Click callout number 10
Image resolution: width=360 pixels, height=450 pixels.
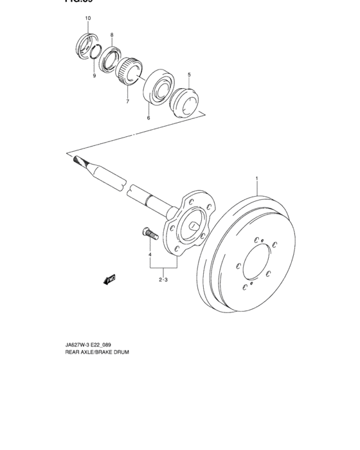(x=88, y=18)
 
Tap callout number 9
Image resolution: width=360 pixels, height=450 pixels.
(x=94, y=76)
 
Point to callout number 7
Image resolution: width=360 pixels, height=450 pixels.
(x=127, y=102)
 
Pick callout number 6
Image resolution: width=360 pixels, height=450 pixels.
(x=148, y=118)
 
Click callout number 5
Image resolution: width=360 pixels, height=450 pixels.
(x=189, y=75)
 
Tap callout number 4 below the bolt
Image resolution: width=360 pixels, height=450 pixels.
(x=150, y=255)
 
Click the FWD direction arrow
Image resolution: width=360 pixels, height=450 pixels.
(x=109, y=279)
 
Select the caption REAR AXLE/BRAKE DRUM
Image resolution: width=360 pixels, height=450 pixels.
(x=93, y=353)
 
